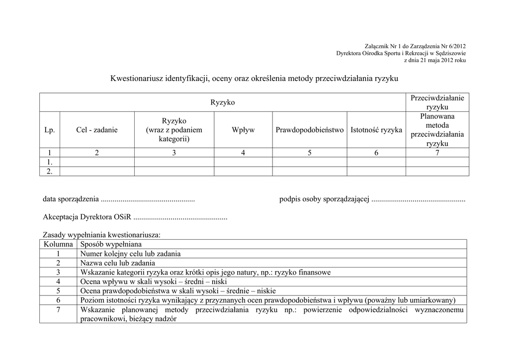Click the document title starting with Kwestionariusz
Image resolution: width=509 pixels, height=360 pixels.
pos(254,79)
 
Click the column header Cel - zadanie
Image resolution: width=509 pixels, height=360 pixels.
pos(97,130)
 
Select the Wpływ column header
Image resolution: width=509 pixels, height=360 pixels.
pos(243,130)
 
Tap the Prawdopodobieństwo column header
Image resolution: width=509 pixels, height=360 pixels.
pos(309,130)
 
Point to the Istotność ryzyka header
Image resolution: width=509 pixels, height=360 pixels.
pos(376,130)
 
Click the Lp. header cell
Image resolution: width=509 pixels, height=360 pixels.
pos(49,130)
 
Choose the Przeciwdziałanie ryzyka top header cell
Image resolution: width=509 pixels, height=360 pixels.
pos(437,102)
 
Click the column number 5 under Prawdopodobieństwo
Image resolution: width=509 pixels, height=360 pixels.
pos(309,153)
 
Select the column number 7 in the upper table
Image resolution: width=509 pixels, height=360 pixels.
pos(437,153)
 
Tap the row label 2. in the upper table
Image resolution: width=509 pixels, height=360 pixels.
pos(49,171)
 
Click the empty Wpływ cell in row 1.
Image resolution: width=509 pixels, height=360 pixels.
pos(243,162)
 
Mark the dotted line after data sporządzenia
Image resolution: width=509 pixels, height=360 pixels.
pos(148,199)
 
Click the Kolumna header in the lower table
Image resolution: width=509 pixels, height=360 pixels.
pos(58,244)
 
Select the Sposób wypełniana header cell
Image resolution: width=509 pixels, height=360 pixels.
pos(111,244)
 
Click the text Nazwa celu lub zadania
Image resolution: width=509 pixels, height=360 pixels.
pos(117,263)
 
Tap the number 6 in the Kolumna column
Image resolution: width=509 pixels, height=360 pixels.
pos(58,300)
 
